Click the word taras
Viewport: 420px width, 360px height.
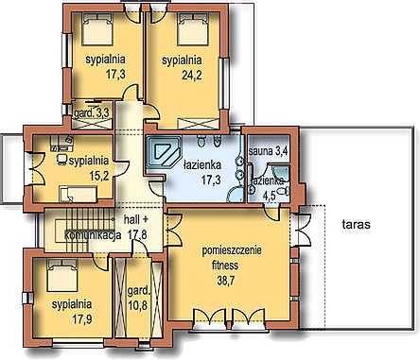tap(356, 225)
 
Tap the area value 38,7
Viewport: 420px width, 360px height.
tap(225, 280)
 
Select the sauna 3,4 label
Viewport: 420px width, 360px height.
tap(268, 151)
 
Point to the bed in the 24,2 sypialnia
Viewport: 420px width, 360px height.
tap(193, 29)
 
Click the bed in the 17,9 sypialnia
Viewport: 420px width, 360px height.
tap(62, 275)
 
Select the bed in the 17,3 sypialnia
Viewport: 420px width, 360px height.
tap(97, 29)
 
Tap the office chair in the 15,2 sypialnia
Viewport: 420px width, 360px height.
tap(61, 160)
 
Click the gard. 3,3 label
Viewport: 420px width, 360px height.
tap(92, 113)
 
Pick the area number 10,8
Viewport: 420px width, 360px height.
tap(138, 304)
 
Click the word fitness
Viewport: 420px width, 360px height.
tap(225, 266)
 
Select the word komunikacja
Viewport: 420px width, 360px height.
tap(94, 235)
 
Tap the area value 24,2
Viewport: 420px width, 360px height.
tap(192, 75)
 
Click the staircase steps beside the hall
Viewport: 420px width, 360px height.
tap(84, 231)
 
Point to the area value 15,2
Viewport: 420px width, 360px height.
tap(99, 176)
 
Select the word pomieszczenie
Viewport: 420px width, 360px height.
tap(232, 251)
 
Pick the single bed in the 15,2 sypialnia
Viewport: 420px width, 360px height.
tap(79, 194)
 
